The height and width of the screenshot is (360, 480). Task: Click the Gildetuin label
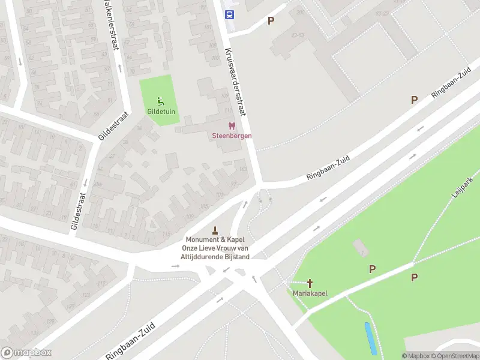(160, 111)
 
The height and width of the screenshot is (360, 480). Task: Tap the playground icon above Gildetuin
(160, 101)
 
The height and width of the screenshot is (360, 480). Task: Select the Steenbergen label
(232, 136)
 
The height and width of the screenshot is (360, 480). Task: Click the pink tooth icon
(232, 126)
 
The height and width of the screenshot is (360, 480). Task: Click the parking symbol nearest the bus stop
(271, 20)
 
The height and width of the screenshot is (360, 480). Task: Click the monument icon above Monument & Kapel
(215, 230)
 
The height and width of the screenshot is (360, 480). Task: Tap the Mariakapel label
(310, 293)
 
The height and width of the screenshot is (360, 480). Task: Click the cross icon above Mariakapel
(310, 283)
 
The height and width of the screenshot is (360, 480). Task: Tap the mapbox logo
(26, 353)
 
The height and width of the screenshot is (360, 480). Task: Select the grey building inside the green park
(360, 247)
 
